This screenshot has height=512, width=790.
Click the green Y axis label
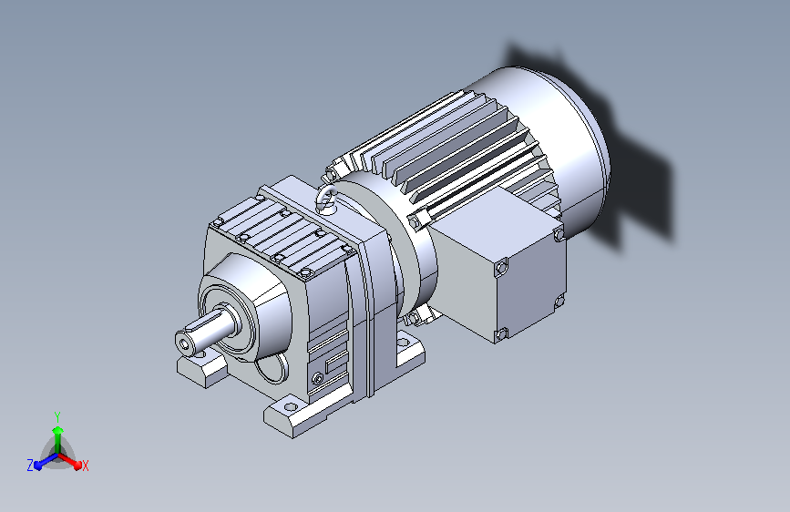click(57, 416)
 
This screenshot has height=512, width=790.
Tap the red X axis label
click(85, 466)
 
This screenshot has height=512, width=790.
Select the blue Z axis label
click(30, 466)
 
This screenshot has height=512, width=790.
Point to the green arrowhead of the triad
click(58, 430)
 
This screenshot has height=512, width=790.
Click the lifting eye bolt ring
click(327, 198)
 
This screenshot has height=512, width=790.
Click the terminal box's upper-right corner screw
click(559, 234)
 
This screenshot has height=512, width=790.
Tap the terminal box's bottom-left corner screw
click(500, 333)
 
